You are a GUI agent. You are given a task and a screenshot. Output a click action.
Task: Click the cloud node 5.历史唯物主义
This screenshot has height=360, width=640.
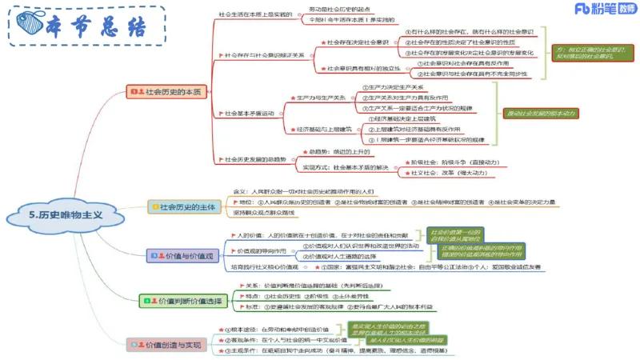point(66,215)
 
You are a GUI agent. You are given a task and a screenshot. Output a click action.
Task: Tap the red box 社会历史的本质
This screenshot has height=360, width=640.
point(166,92)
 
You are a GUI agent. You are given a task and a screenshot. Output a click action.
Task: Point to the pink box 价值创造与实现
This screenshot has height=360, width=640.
point(170,344)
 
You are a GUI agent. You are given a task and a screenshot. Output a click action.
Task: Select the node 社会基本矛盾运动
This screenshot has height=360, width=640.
point(249,113)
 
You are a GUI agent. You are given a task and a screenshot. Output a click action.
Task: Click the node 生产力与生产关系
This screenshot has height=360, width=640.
point(321,98)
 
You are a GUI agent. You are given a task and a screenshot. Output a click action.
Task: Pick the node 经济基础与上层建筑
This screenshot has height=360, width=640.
point(324,128)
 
